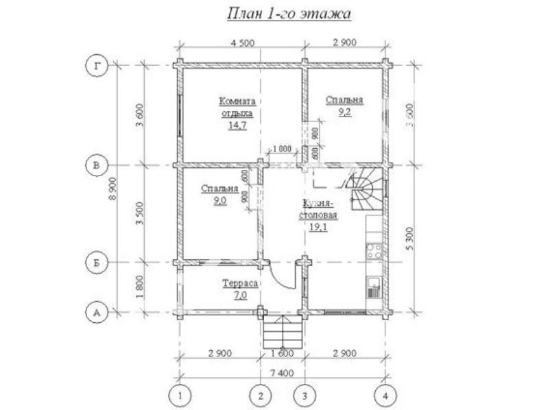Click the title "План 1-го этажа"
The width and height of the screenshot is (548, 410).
click(x=289, y=14)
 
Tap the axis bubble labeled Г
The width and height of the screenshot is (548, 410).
click(x=97, y=66)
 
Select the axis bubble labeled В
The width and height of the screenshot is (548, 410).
click(x=97, y=165)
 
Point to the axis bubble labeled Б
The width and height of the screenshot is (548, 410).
click(x=97, y=262)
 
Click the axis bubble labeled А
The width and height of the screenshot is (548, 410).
click(x=97, y=312)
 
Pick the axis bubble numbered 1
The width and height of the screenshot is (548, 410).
click(x=180, y=396)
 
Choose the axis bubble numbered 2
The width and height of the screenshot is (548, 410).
click(x=261, y=396)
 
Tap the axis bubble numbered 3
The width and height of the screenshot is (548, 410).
click(x=305, y=396)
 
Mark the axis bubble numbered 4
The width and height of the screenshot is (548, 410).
click(x=385, y=396)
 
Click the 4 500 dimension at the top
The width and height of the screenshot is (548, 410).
click(x=243, y=43)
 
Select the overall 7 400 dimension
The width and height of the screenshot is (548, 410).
click(x=282, y=373)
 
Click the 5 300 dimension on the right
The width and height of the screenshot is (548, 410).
click(x=410, y=238)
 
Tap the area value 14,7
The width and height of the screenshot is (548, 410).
click(x=238, y=125)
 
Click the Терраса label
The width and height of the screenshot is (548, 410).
click(x=241, y=283)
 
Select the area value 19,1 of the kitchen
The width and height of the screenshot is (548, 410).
click(x=318, y=228)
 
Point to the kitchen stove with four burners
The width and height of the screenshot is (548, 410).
click(x=374, y=250)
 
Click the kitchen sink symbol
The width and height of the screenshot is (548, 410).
click(x=373, y=287)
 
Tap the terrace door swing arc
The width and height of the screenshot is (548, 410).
click(x=281, y=279)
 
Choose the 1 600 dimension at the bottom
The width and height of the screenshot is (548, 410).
click(x=283, y=353)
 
